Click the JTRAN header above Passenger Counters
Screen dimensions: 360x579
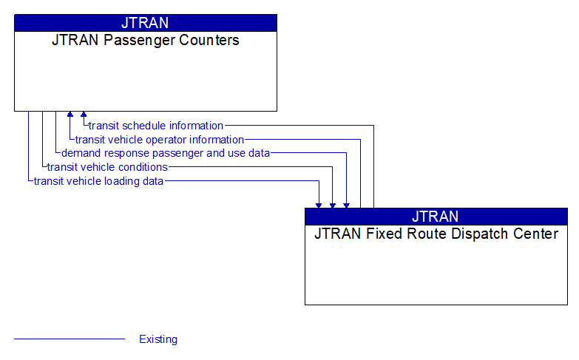click(x=145, y=22)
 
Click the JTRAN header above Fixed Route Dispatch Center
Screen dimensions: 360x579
click(x=436, y=216)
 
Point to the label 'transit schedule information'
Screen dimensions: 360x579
click(x=155, y=126)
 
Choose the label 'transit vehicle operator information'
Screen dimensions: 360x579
click(x=159, y=140)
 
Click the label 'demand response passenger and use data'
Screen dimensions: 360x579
click(x=166, y=153)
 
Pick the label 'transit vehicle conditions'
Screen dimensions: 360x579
click(x=107, y=167)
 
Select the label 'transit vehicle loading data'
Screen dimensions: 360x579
click(x=98, y=180)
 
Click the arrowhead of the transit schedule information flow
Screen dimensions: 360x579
click(x=84, y=115)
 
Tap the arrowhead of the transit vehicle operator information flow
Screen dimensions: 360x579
click(x=70, y=115)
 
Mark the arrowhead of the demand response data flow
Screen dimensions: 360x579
click(x=346, y=204)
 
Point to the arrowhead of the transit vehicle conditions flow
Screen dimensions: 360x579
click(x=333, y=204)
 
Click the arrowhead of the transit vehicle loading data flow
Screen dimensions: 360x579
click(x=319, y=204)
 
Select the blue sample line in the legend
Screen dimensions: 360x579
click(x=70, y=339)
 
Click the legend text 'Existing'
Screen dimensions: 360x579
click(x=158, y=340)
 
